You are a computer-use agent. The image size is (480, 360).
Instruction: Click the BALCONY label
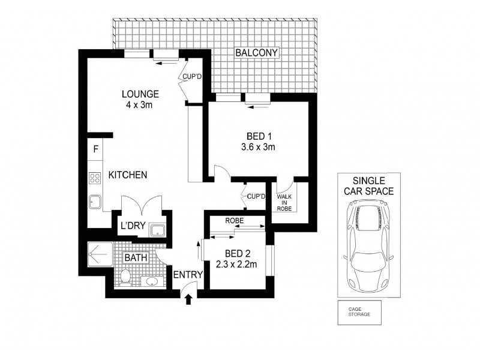(x=256, y=53)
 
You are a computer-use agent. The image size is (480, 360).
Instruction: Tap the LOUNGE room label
(x=140, y=94)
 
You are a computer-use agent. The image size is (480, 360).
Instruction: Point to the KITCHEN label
(x=128, y=175)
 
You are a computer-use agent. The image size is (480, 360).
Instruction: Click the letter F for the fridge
(x=95, y=150)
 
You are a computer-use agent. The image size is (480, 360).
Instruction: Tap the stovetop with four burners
(x=95, y=178)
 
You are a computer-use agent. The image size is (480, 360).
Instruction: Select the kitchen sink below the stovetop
(x=95, y=202)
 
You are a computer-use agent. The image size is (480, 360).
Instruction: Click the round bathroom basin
(x=151, y=281)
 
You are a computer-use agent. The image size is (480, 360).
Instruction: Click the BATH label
(x=135, y=259)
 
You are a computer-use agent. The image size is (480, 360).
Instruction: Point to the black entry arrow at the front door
(x=190, y=298)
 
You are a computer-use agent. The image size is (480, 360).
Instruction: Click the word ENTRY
(x=188, y=275)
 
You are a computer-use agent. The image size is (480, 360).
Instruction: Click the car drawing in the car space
(x=370, y=244)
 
